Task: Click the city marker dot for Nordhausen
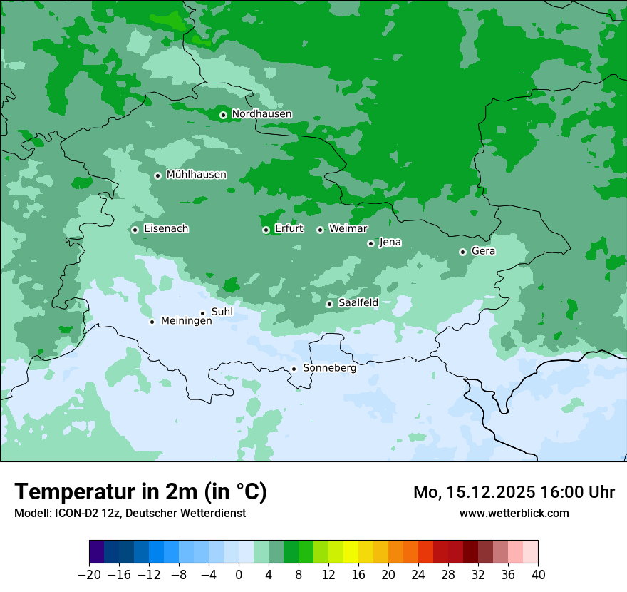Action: (223, 115)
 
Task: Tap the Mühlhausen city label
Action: (196, 175)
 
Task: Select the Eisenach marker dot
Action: (135, 230)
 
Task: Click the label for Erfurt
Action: (289, 229)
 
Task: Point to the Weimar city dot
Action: (320, 230)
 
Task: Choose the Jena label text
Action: (390, 243)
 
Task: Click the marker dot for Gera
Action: (462, 252)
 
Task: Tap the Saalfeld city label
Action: (358, 303)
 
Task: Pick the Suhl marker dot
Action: (202, 313)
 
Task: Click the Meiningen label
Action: (186, 322)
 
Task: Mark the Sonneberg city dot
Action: (294, 369)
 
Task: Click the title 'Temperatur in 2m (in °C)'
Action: (140, 492)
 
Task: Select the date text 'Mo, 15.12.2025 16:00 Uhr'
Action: (514, 492)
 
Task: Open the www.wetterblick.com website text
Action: (514, 513)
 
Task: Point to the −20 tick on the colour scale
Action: (89, 575)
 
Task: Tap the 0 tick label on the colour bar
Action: (239, 575)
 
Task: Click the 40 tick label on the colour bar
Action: (538, 575)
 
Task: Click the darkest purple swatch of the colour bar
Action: (96, 552)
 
